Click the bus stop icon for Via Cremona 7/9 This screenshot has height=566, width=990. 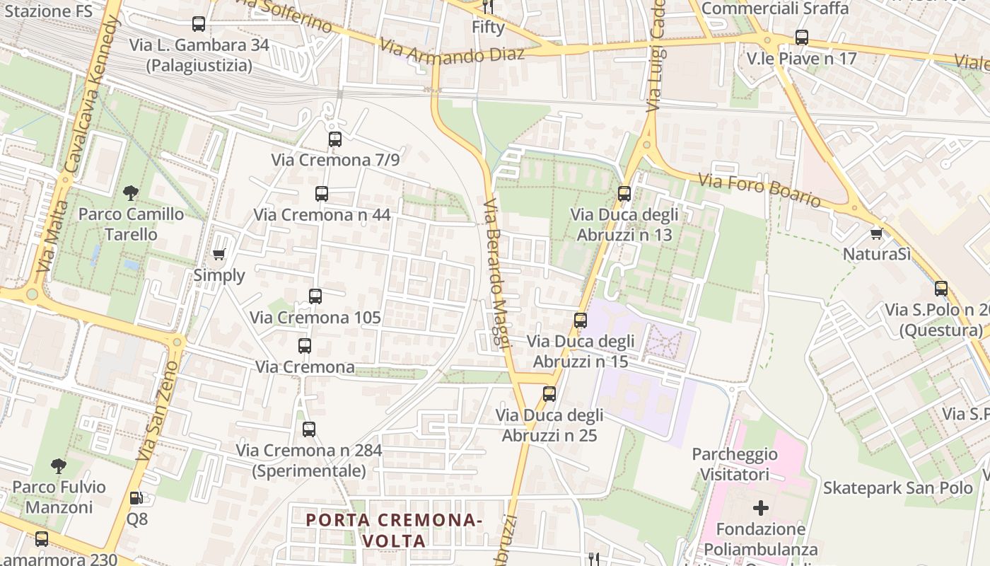(335, 139)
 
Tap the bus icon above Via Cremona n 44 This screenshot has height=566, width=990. (322, 194)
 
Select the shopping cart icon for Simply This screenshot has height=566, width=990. (219, 254)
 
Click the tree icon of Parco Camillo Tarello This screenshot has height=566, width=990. (131, 192)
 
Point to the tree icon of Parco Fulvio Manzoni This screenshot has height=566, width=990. (59, 466)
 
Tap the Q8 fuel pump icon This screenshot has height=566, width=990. (136, 498)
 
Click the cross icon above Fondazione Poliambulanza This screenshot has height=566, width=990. (761, 508)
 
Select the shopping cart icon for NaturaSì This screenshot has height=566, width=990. (876, 233)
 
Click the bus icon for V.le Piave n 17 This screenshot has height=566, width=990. (801, 37)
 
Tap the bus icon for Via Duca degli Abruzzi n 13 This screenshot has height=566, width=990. (624, 194)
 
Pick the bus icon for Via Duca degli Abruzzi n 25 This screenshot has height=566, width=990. (549, 394)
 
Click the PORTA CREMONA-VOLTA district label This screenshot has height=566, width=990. (394, 530)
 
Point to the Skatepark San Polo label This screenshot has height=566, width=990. (897, 487)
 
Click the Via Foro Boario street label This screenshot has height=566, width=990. (760, 190)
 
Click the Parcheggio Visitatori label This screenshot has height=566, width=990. (735, 464)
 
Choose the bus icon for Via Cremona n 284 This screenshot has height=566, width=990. (309, 429)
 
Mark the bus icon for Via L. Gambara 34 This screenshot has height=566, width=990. (199, 24)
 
